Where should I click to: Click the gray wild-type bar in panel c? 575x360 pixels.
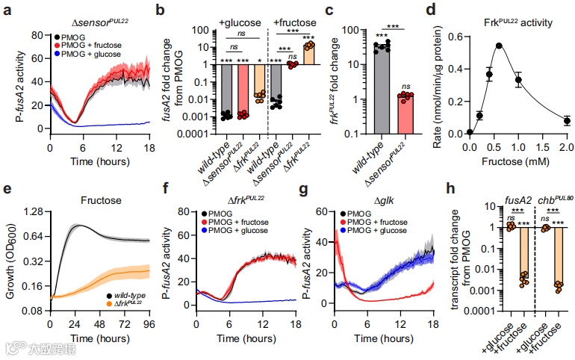click(382, 90)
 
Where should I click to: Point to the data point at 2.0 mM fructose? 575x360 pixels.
click(568, 120)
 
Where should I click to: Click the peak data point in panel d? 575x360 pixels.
click(499, 46)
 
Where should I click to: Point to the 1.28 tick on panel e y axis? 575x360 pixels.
click(34, 211)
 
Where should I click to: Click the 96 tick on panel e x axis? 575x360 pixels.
click(149, 323)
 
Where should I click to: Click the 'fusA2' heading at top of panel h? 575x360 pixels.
click(519, 201)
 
